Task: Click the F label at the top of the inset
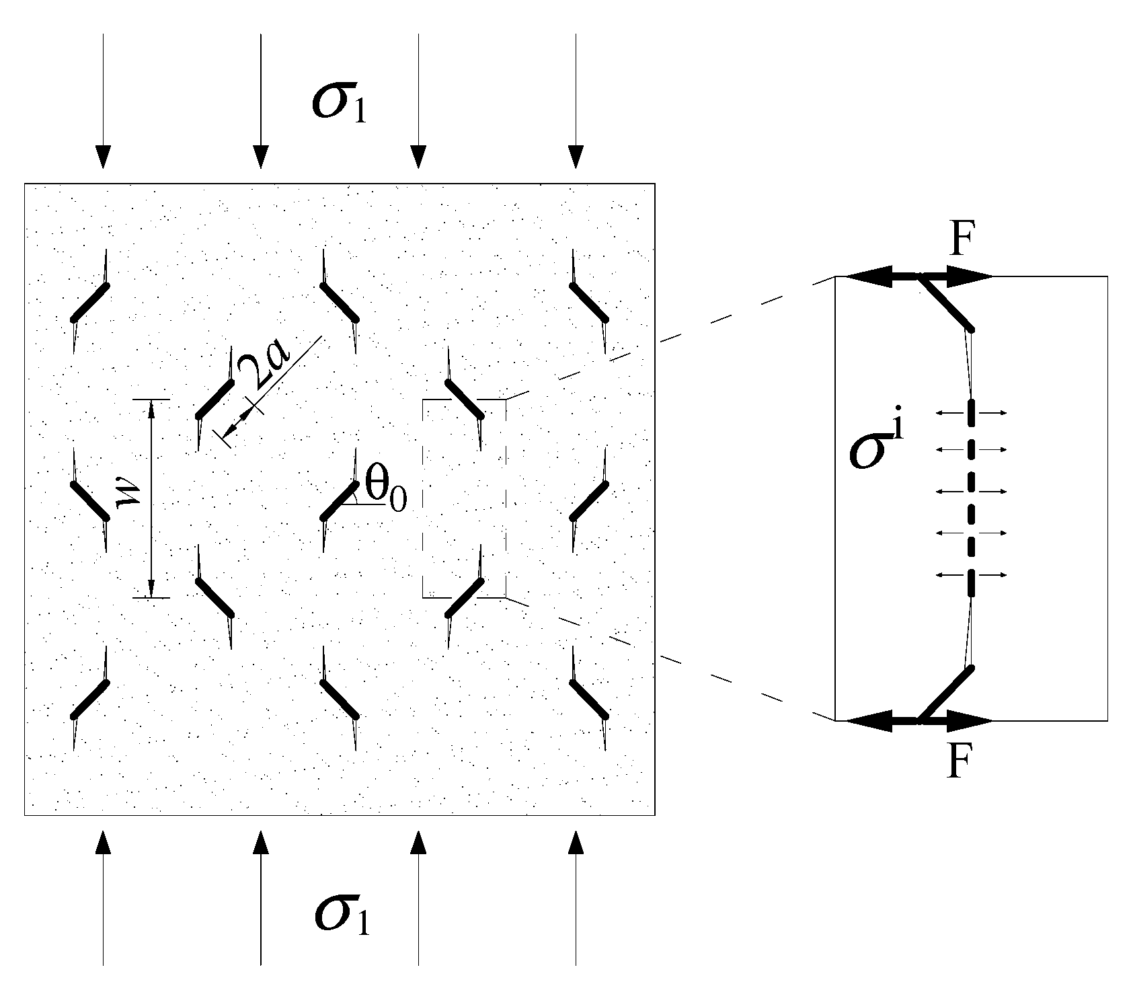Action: click(x=962, y=242)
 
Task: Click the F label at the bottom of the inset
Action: click(x=960, y=762)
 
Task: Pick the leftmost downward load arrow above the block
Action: click(x=103, y=101)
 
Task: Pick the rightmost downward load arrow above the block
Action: click(x=576, y=101)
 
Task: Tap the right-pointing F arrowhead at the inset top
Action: click(x=972, y=276)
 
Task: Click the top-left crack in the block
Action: click(x=89, y=302)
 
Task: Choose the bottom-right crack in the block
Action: click(x=589, y=700)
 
